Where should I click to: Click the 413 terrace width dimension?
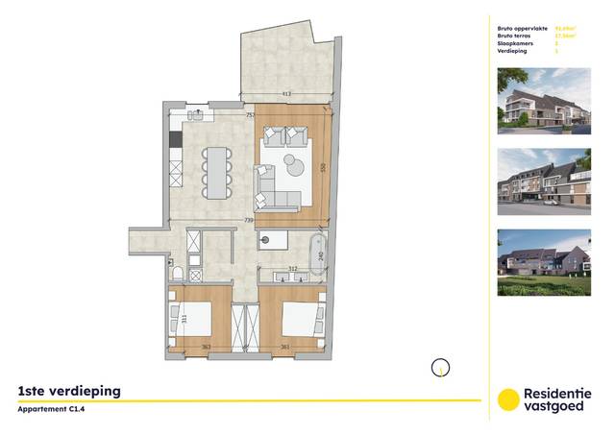[285, 94]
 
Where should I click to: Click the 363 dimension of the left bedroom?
[206, 348]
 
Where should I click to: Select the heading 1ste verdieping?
[69, 392]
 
